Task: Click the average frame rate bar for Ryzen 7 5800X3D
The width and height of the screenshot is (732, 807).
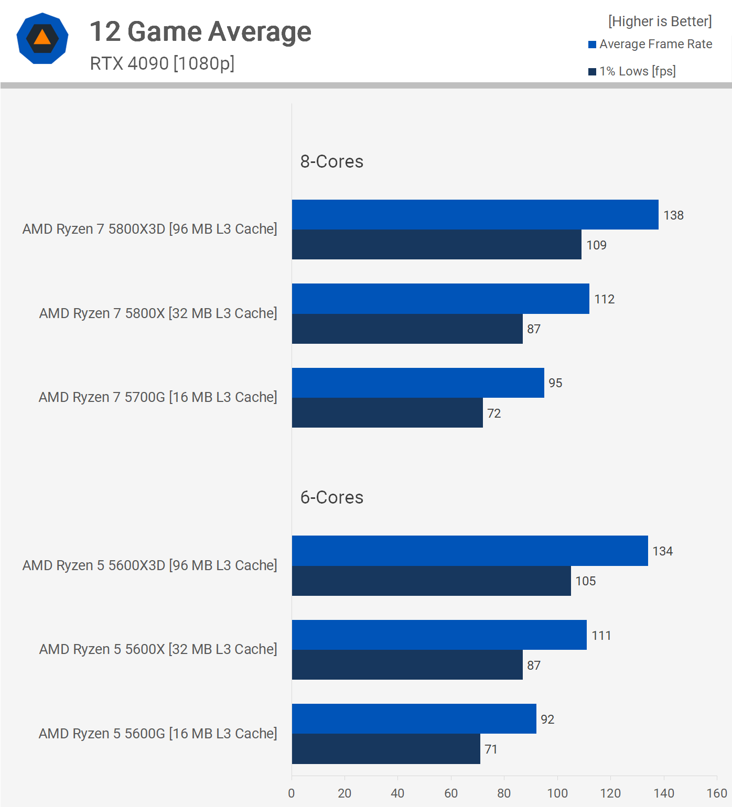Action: click(x=475, y=215)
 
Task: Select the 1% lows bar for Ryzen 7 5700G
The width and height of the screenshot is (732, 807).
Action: click(x=387, y=413)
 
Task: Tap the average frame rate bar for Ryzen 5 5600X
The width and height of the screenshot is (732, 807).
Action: click(x=439, y=635)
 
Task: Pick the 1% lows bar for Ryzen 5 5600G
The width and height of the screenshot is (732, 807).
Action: click(x=385, y=749)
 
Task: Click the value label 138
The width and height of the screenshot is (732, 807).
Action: click(x=673, y=215)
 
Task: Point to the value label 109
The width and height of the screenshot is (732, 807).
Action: click(x=596, y=245)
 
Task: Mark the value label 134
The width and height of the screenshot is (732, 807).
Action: click(x=662, y=551)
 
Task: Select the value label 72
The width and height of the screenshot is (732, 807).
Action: click(x=494, y=413)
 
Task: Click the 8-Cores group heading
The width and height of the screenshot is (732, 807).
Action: click(x=331, y=161)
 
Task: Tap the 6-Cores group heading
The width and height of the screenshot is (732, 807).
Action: click(x=331, y=497)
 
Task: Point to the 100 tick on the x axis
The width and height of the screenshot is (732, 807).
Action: click(x=557, y=793)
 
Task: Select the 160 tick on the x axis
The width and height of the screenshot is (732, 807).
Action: click(x=717, y=793)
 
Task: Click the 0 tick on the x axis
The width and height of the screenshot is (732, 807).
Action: click(x=292, y=793)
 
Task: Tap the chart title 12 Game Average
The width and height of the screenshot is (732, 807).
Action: click(x=200, y=31)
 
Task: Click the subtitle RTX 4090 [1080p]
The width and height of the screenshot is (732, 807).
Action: click(x=162, y=63)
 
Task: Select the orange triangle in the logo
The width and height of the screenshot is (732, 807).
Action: click(x=42, y=38)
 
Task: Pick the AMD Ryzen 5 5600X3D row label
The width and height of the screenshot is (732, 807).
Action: click(x=149, y=565)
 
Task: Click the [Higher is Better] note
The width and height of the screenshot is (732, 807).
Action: click(x=660, y=21)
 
